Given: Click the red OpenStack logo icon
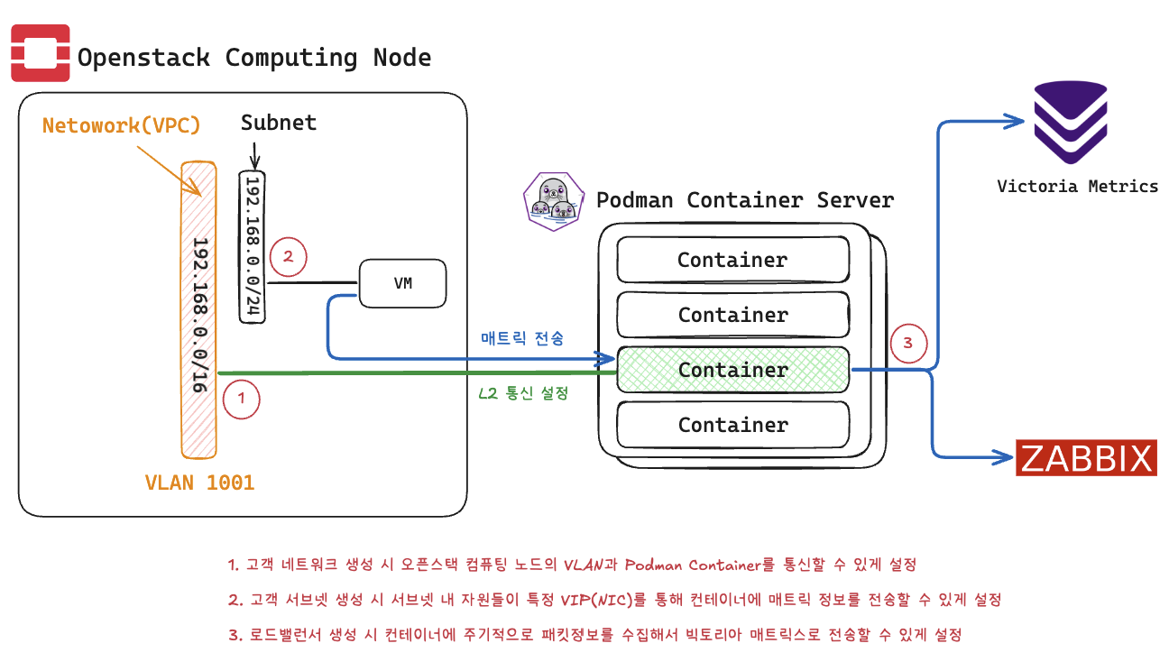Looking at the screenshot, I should point(40,54).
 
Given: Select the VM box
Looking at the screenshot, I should point(403,283).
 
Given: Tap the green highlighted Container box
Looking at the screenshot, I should point(732,370).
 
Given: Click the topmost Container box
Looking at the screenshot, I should point(732,260).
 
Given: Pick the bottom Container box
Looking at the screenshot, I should point(732,425).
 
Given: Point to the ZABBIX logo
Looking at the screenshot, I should point(1087,458).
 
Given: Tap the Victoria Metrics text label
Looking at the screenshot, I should point(1077,187).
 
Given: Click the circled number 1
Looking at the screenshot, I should point(241,398).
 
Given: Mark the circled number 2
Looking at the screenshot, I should point(288,257).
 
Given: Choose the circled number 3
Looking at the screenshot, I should point(908,344).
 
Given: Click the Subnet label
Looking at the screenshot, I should point(278,123).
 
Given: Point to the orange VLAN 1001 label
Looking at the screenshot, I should point(199,483).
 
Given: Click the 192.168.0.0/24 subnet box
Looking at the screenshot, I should point(253,246).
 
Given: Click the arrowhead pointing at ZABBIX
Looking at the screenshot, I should point(1003,457).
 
